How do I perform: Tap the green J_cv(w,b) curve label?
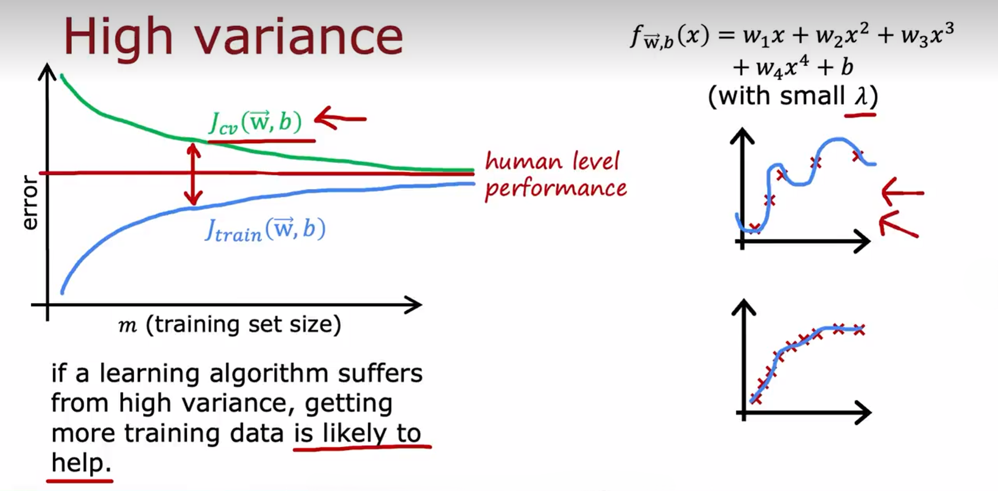coord(255,122)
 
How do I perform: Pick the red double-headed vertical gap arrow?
coord(193,174)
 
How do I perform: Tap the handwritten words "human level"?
coord(552,161)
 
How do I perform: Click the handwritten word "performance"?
coord(556,189)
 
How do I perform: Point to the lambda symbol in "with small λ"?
coord(862,96)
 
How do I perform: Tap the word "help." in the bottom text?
coord(81,463)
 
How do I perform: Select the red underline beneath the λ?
coord(860,115)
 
